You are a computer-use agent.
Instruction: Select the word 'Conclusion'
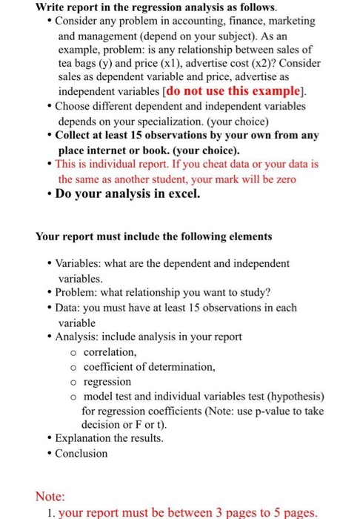[82, 453]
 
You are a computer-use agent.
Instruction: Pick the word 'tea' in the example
[66, 64]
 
